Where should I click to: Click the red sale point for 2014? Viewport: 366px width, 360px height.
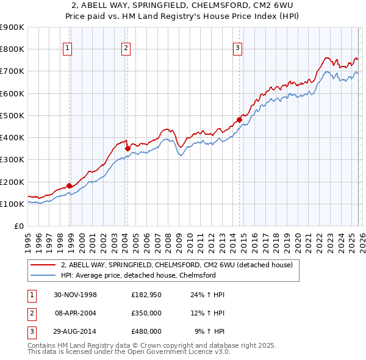click(239, 120)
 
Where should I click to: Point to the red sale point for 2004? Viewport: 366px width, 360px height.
click(127, 148)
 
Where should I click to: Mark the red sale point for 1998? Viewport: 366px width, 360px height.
click(70, 185)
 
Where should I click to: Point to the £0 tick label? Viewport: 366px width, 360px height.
click(18, 226)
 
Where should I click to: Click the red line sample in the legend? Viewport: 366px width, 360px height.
click(43, 265)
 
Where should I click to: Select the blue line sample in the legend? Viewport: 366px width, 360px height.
click(43, 275)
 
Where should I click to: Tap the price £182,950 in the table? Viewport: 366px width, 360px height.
click(146, 295)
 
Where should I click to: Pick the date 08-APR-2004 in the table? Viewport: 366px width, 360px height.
click(75, 313)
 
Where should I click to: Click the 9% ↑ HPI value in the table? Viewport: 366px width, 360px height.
click(209, 331)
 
